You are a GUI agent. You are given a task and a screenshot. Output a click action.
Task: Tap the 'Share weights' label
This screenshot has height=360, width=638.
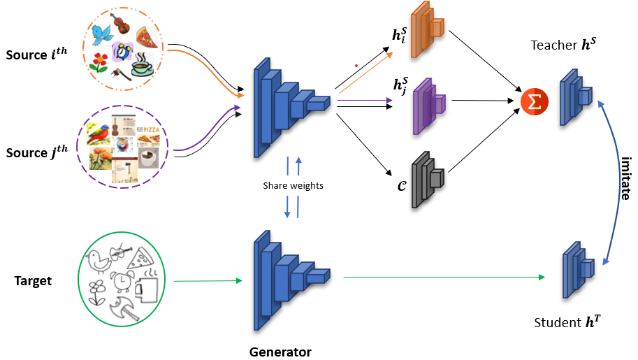(x=293, y=186)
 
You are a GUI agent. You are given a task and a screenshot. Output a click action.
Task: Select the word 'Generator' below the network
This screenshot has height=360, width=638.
(x=280, y=352)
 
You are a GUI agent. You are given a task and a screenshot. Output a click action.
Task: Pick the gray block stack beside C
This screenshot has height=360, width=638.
(x=426, y=179)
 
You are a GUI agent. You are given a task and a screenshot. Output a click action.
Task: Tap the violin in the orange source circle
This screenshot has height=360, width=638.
(x=120, y=22)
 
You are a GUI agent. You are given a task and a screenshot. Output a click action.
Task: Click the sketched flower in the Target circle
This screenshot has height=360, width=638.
(x=97, y=287)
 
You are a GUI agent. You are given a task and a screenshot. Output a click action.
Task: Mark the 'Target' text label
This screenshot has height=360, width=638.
(x=34, y=282)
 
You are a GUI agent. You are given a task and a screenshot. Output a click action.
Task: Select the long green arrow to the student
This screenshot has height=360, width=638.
(x=443, y=278)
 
